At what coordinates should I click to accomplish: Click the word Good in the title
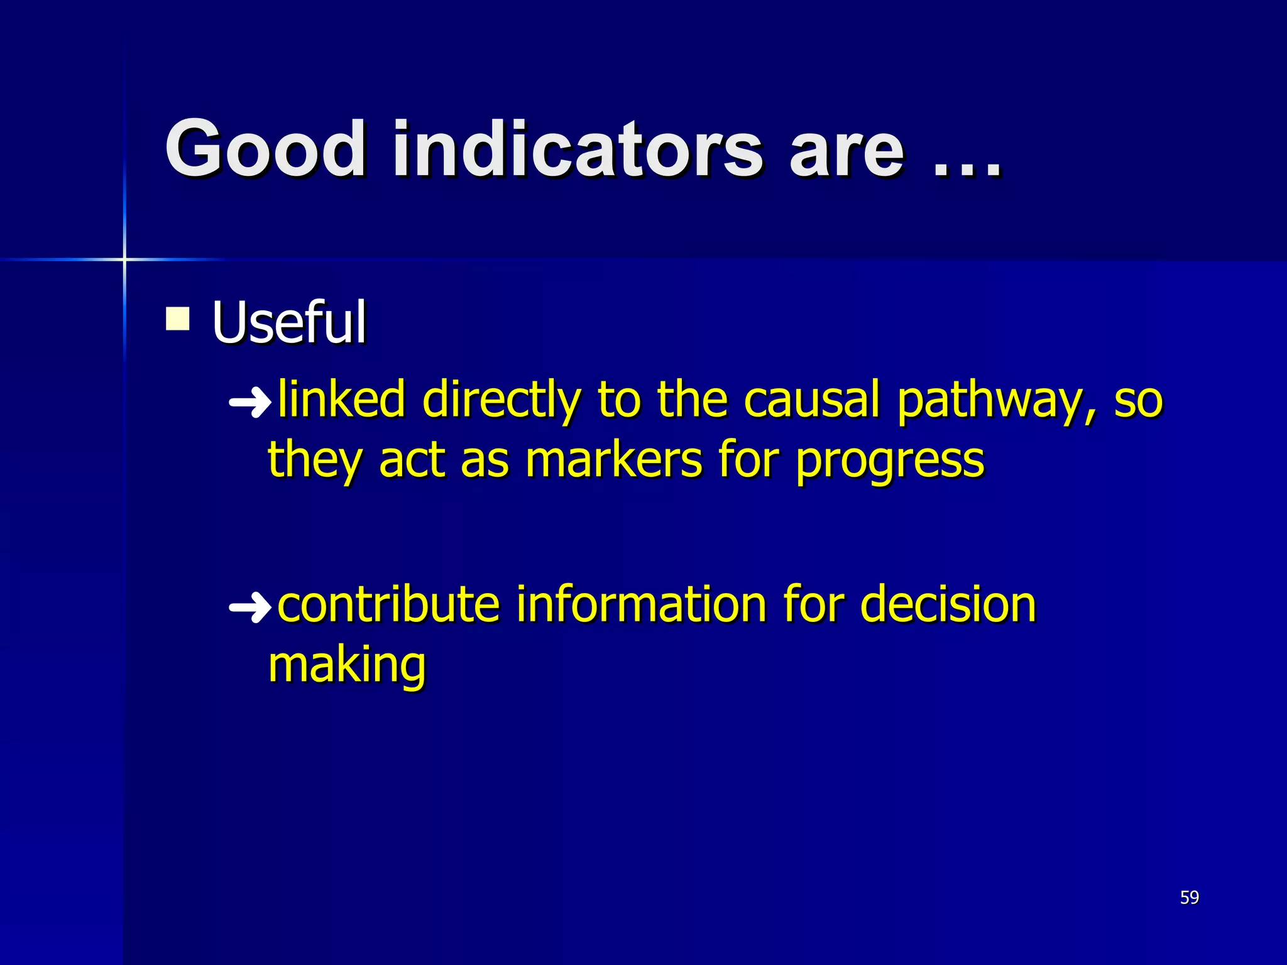point(265,150)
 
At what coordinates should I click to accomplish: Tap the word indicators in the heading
point(577,150)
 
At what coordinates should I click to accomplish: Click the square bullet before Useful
point(178,319)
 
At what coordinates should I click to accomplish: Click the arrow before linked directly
point(249,403)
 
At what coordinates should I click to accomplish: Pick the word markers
point(613,460)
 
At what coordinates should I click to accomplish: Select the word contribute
point(388,604)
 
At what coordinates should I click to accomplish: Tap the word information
point(641,604)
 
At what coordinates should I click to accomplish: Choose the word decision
point(947,604)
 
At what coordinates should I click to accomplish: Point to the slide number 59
point(1189,897)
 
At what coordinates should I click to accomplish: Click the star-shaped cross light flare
point(124,259)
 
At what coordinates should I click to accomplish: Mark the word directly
point(501,401)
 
